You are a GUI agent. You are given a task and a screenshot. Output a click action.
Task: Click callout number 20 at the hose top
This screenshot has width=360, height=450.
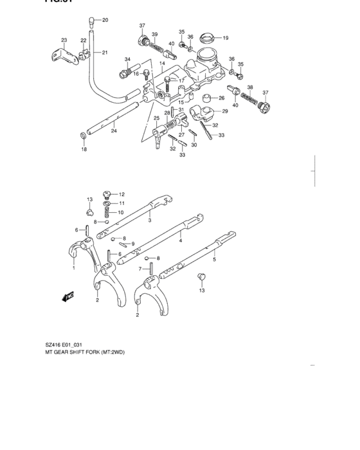tap(105, 20)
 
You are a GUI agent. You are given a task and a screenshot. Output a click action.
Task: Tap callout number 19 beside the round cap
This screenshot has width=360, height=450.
tap(226, 37)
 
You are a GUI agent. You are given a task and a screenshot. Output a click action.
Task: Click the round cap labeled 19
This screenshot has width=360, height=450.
tap(207, 36)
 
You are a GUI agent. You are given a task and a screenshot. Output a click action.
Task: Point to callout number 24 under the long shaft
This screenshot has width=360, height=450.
tap(114, 131)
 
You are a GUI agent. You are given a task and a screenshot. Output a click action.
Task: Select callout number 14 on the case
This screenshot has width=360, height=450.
tap(163, 64)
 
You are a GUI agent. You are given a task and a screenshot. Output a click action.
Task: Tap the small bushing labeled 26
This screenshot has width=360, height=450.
tap(207, 98)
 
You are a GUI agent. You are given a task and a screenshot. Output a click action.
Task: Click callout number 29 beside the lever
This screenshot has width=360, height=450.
tap(224, 111)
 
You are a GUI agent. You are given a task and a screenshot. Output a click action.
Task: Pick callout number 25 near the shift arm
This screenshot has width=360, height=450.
tap(156, 118)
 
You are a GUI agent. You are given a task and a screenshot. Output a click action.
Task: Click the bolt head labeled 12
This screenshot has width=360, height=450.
tap(107, 193)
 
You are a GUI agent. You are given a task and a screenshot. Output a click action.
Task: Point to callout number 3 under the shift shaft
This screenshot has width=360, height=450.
tap(149, 221)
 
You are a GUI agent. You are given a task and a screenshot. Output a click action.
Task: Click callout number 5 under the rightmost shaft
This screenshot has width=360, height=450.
tap(214, 260)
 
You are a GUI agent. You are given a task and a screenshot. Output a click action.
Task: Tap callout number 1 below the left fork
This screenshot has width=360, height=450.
tap(73, 269)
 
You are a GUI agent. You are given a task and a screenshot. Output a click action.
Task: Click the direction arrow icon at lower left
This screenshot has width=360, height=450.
tap(67, 296)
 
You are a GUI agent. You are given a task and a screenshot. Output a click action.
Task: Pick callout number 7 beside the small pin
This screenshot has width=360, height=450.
tap(140, 269)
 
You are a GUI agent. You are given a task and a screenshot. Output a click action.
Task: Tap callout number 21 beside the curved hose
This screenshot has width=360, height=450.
tap(105, 52)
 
